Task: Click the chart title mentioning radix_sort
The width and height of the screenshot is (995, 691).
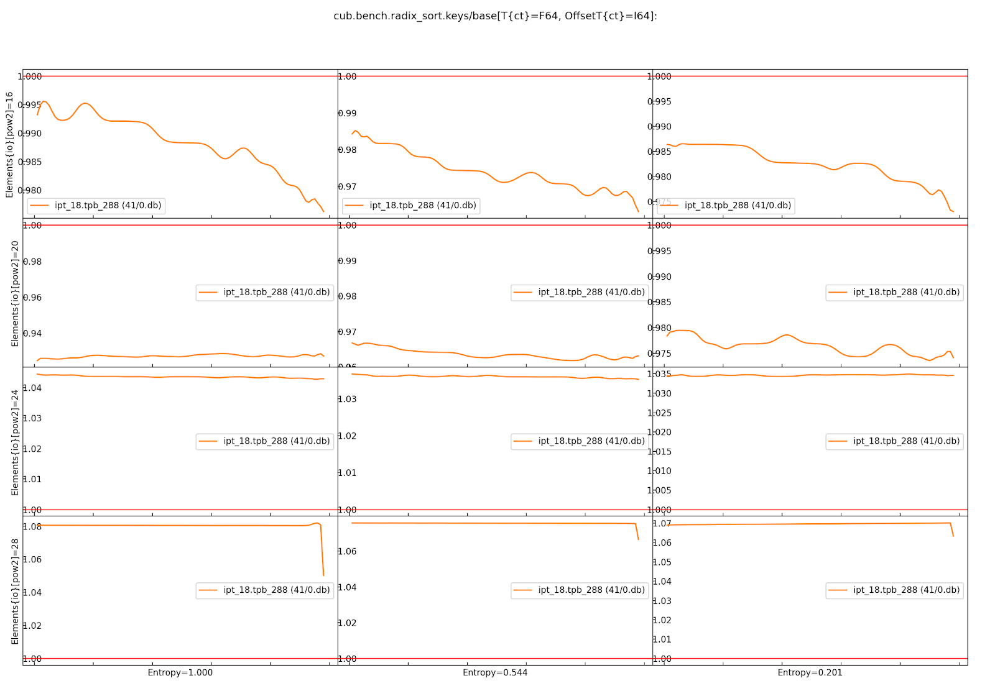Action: pos(495,16)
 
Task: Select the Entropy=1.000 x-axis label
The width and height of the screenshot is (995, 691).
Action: pos(180,672)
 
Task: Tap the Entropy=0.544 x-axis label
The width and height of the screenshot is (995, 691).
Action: pos(495,672)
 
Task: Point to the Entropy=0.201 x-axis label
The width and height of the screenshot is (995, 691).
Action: pos(810,672)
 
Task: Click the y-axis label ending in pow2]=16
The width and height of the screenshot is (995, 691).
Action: pos(9,145)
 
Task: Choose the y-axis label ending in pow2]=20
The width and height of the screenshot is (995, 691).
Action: pos(15,293)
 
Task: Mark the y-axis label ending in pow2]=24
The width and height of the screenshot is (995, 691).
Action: pos(15,442)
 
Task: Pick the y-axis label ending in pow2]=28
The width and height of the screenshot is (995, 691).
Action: pos(15,591)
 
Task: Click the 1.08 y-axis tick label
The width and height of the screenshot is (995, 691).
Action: pos(32,526)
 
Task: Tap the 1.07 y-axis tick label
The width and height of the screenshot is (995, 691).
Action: pos(662,524)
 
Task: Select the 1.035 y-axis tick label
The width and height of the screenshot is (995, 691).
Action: pos(659,374)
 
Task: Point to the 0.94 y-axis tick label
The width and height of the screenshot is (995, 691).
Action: pos(32,334)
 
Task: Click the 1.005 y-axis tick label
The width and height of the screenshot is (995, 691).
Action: pos(659,490)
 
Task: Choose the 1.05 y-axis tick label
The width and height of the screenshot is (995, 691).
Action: pos(662,562)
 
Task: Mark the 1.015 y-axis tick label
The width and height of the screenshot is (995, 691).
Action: pos(659,452)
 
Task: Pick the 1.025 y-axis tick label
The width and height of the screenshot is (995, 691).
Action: pos(659,413)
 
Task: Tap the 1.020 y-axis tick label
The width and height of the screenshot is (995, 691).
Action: pos(659,432)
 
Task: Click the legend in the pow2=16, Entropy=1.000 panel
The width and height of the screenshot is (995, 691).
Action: pos(96,206)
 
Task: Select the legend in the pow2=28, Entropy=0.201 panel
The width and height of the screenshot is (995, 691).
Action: pos(894,590)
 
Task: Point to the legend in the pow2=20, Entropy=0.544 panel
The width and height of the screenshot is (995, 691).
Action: pos(580,292)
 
